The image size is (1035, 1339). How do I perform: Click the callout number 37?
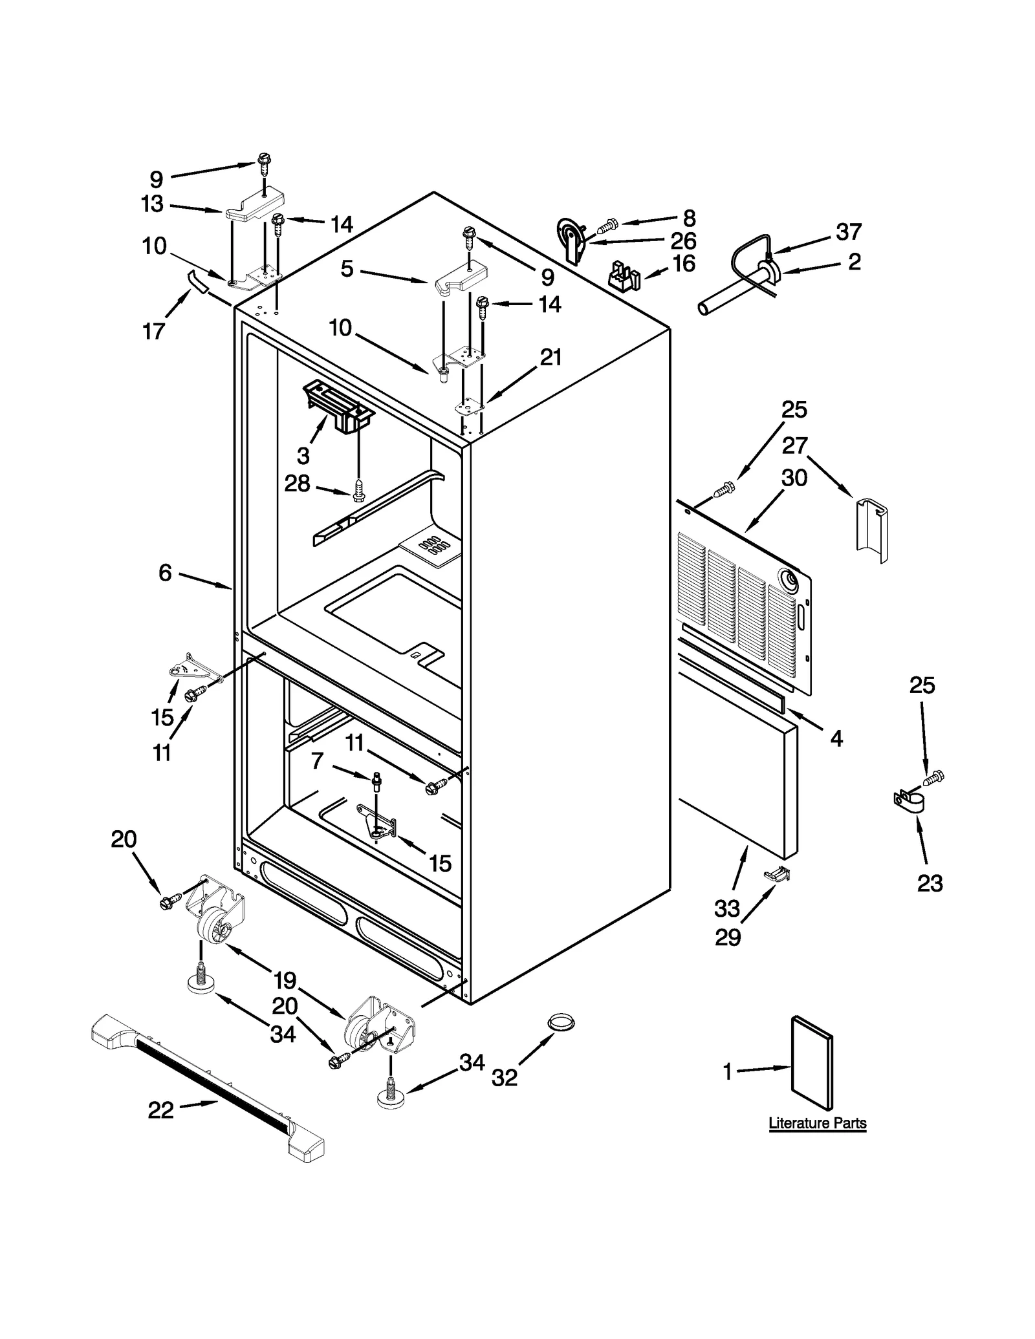[849, 231]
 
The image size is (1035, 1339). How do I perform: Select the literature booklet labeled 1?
[812, 1071]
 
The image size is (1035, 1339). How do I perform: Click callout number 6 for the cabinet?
[166, 572]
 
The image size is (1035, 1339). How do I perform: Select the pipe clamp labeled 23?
[908, 802]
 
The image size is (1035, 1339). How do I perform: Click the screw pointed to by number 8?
[607, 226]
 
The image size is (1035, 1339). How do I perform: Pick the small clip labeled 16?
[624, 276]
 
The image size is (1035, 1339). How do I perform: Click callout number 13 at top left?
[153, 204]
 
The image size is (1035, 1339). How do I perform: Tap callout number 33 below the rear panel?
[726, 908]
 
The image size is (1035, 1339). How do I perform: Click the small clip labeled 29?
[778, 875]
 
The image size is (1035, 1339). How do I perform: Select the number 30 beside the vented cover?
[794, 478]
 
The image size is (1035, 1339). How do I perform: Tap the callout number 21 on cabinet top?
[550, 357]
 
